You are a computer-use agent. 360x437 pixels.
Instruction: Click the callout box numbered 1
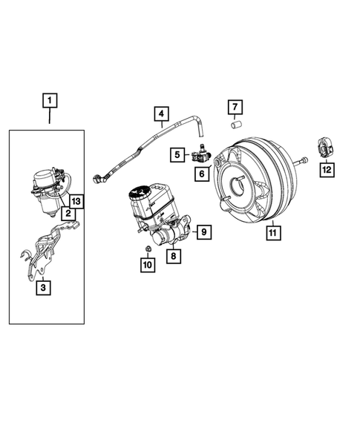(50, 99)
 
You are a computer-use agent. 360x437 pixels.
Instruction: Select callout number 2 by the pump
(68, 214)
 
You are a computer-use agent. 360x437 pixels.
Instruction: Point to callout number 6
(201, 173)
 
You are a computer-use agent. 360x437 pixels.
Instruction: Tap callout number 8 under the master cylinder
(173, 257)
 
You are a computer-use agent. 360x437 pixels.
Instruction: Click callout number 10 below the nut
(147, 263)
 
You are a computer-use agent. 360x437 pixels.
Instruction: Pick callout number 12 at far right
(327, 170)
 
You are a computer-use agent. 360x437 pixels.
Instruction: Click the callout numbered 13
(76, 201)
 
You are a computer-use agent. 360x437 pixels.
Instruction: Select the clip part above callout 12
(324, 149)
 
